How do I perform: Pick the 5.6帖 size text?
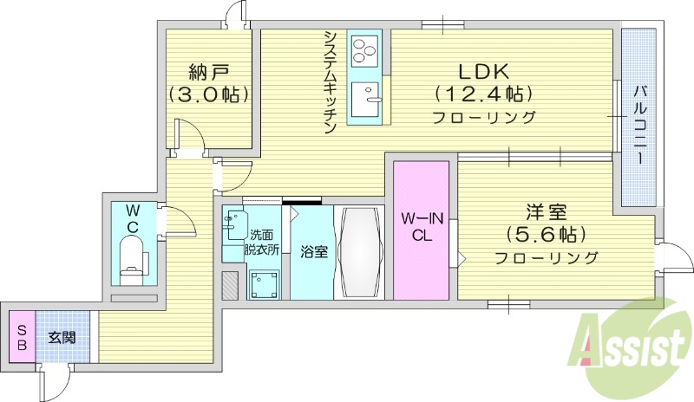click(547, 234)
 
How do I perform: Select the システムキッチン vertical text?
click(331, 82)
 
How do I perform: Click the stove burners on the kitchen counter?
click(364, 52)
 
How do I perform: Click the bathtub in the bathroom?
click(357, 252)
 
